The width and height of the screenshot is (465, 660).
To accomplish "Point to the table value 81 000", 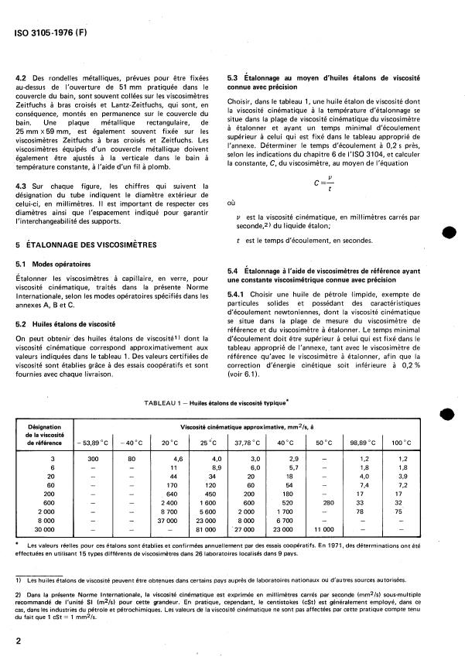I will (205, 530).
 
